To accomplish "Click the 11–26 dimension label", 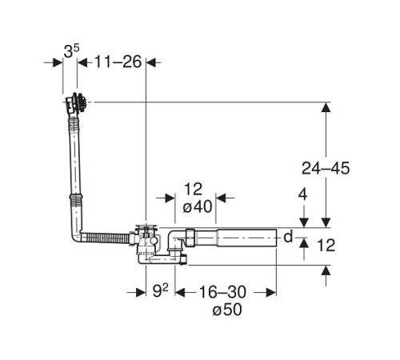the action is pyautogui.click(x=118, y=62).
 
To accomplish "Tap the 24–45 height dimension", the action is pyautogui.click(x=326, y=168).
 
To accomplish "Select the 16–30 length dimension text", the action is pyautogui.click(x=222, y=292).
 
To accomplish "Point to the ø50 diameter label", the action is pyautogui.click(x=227, y=310).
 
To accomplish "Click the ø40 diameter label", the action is pyautogui.click(x=198, y=206).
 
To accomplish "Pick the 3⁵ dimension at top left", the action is pyautogui.click(x=71, y=51).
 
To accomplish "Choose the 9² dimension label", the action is pyautogui.click(x=160, y=290).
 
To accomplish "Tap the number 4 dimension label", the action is pyautogui.click(x=302, y=194).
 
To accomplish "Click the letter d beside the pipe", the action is pyautogui.click(x=288, y=236).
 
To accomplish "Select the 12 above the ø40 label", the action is pyautogui.click(x=194, y=190).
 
